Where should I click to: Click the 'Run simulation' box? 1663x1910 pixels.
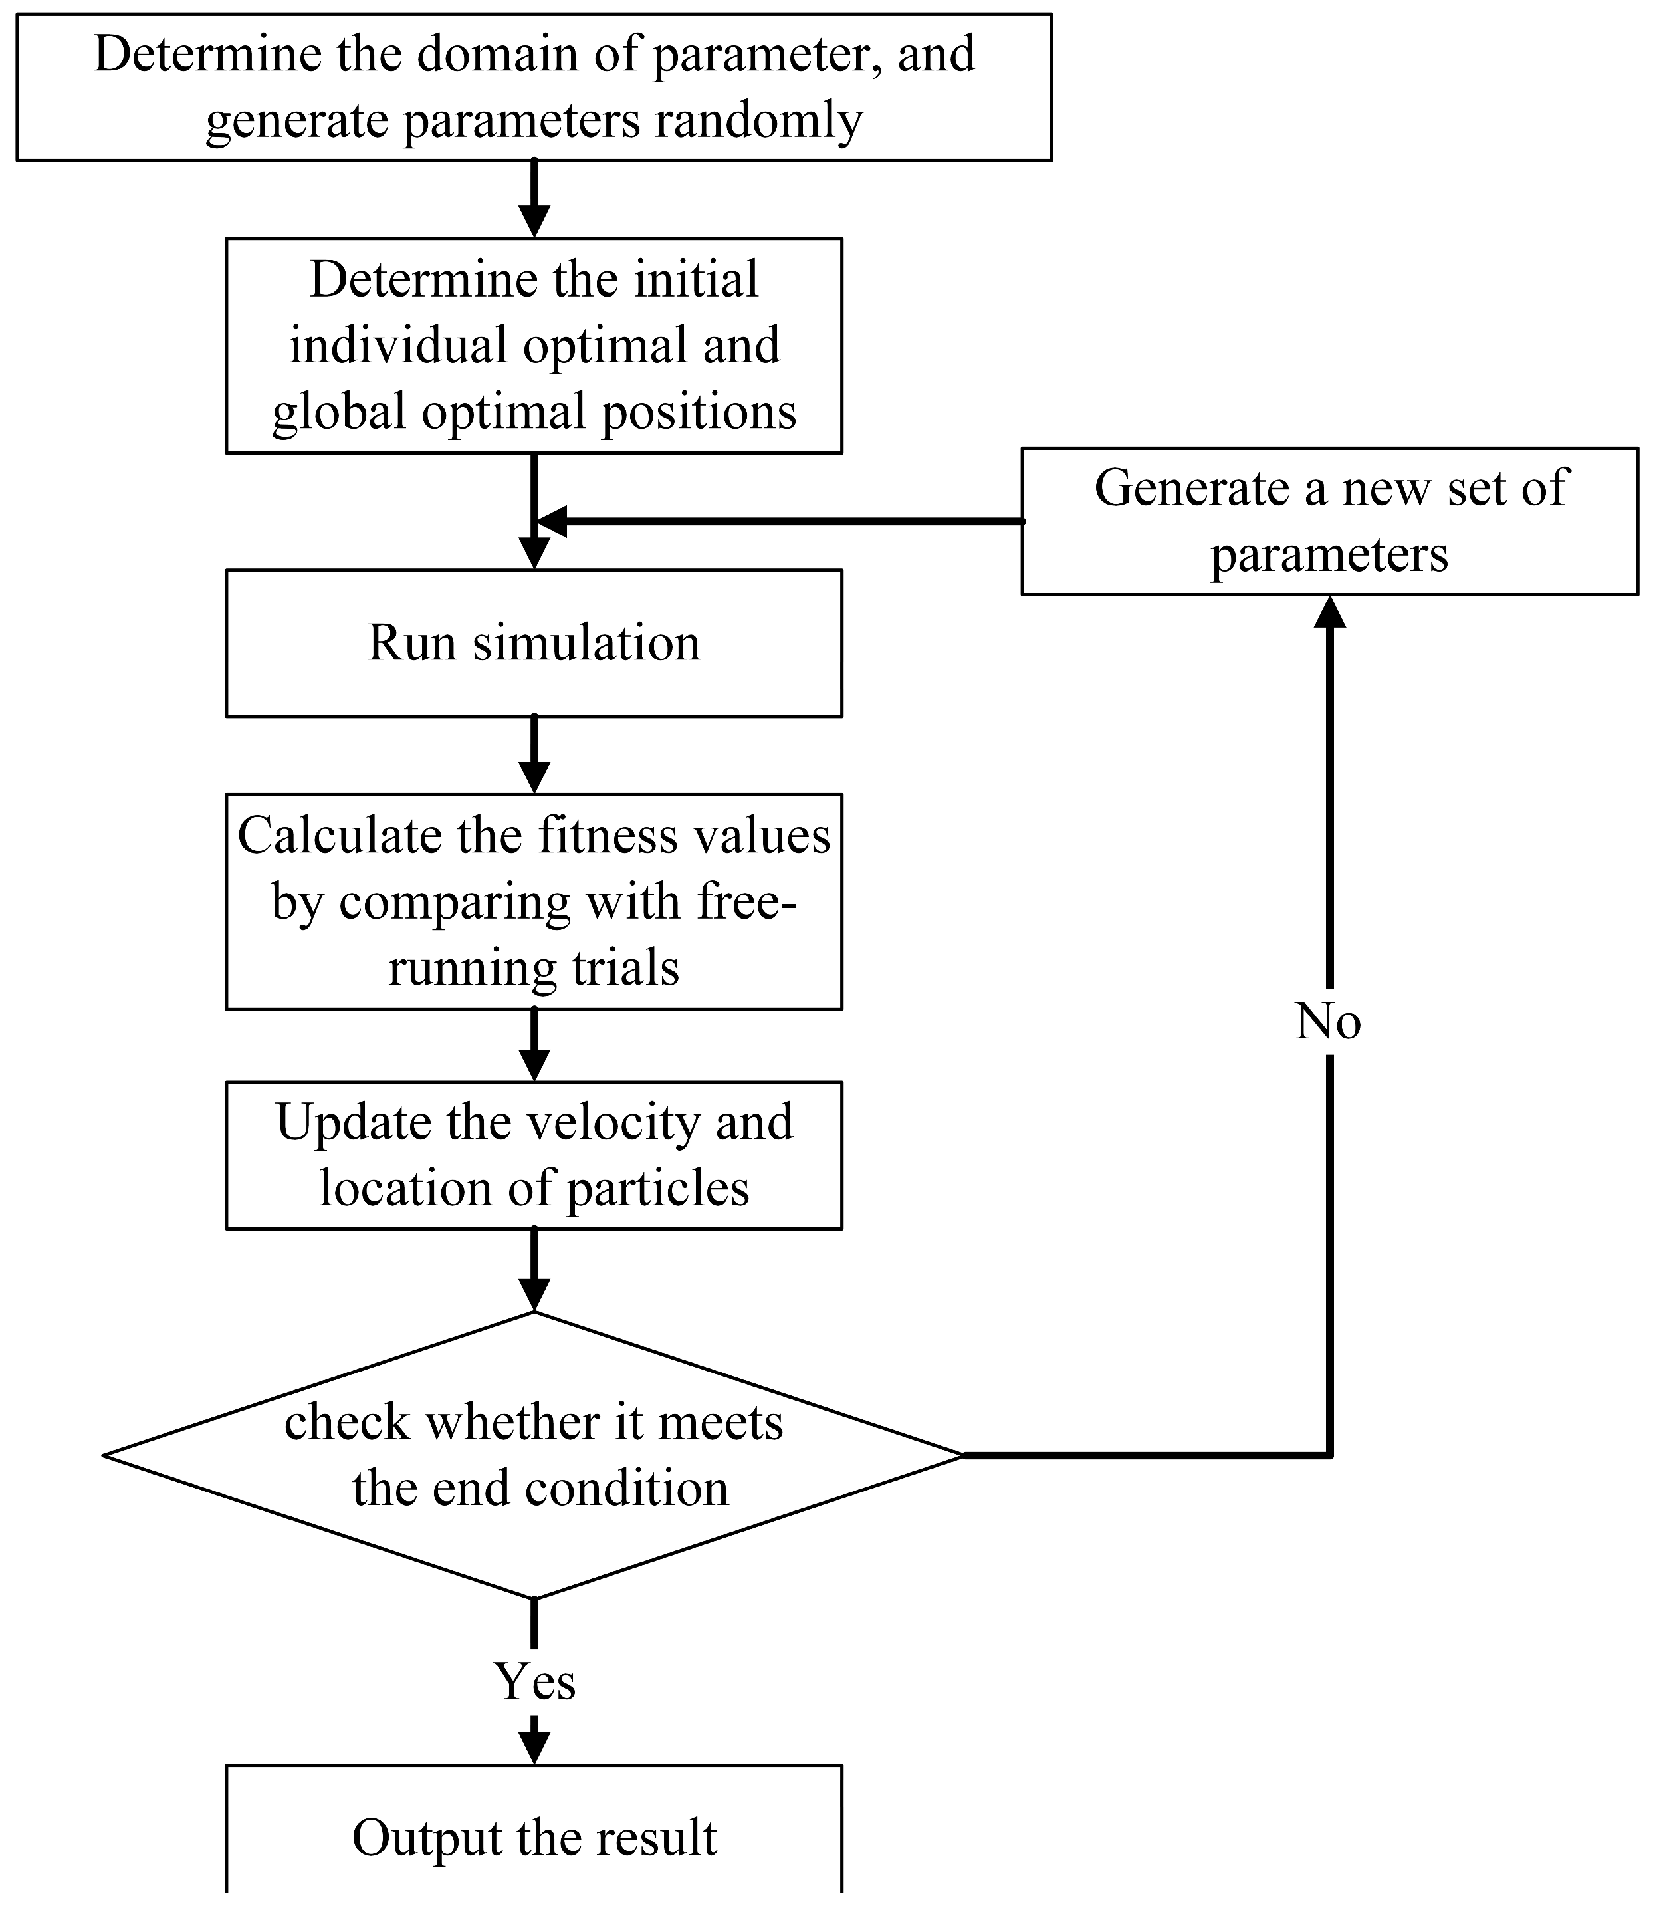(x=534, y=643)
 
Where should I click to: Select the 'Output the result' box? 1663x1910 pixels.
(x=534, y=1837)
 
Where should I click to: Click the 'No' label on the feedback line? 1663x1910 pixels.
(x=1328, y=1022)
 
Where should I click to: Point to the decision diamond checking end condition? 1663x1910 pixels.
(x=534, y=1455)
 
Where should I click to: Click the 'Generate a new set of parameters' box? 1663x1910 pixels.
(x=1329, y=522)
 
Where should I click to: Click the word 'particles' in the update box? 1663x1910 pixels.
(x=657, y=1188)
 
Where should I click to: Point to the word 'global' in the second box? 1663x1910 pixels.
(x=340, y=412)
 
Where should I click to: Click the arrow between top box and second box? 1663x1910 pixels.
(x=534, y=199)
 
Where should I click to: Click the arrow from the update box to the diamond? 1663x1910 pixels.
(x=534, y=1272)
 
